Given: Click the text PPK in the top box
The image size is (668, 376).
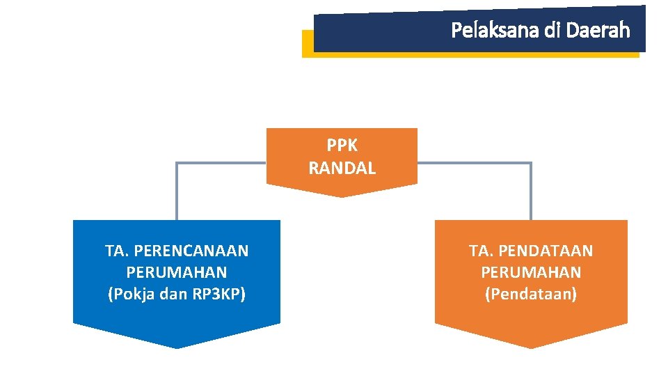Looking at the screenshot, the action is [x=342, y=146].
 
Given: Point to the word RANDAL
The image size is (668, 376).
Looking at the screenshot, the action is [x=342, y=168].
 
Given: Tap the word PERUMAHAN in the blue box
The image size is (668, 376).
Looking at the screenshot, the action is [x=177, y=272].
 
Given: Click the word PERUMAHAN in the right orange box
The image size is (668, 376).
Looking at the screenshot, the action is [x=531, y=272].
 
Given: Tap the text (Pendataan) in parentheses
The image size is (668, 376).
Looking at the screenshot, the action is [x=531, y=294].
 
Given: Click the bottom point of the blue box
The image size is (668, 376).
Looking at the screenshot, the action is [x=177, y=347].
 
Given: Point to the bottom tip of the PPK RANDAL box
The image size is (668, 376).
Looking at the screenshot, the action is [x=342, y=196].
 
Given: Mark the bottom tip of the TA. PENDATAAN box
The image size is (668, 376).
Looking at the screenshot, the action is [x=531, y=347].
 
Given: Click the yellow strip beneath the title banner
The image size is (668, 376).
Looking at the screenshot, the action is [x=307, y=45].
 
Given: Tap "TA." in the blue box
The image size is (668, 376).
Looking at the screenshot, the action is [x=117, y=251].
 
